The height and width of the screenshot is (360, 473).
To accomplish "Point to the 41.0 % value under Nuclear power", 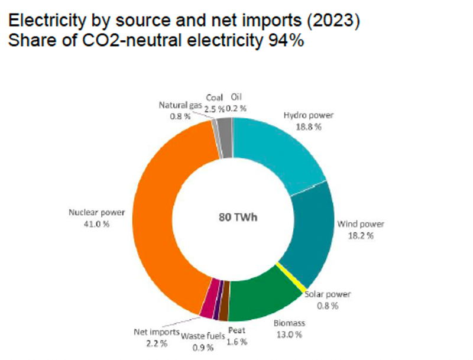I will (x=97, y=225).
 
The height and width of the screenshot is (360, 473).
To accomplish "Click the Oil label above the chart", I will (x=237, y=98).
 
